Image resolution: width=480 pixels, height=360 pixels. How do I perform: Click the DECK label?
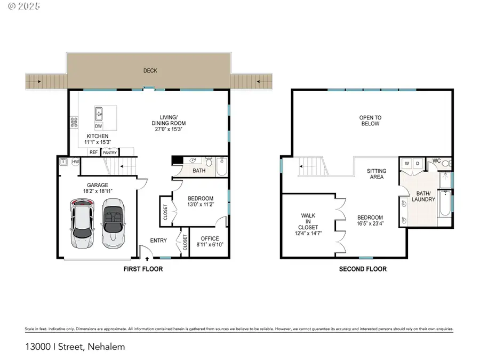[150, 70]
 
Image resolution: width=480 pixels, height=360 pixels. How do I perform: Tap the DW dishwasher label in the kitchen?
[98, 126]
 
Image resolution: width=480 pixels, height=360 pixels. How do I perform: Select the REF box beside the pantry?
[93, 153]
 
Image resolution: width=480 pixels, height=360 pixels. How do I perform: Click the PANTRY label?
[110, 153]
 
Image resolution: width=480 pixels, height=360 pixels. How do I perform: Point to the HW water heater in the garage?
[75, 162]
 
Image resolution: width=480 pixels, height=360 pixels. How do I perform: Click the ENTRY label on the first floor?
[158, 241]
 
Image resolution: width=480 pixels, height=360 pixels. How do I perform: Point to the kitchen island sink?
[99, 114]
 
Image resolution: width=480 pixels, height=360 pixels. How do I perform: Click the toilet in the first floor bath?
[209, 162]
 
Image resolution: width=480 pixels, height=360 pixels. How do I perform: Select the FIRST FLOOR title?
[143, 269]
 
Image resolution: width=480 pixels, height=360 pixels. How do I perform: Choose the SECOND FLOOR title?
[363, 269]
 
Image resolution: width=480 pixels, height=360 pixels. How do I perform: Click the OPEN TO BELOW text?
[370, 121]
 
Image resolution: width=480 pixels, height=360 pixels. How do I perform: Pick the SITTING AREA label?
[377, 174]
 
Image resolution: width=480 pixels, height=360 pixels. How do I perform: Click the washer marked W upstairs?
[406, 163]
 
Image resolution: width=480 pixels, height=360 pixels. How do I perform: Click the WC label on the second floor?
[436, 161]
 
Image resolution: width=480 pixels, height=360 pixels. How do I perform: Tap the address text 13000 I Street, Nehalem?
[75, 347]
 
